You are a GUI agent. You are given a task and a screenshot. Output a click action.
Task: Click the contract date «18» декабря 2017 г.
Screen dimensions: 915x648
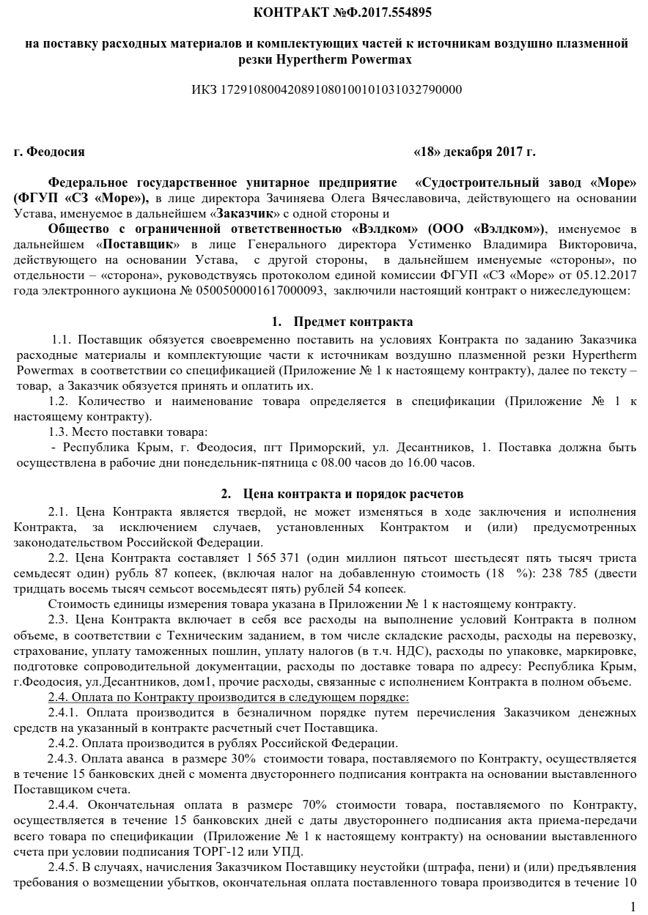point(474,152)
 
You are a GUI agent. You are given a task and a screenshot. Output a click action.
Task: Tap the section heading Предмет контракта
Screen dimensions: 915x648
point(353,322)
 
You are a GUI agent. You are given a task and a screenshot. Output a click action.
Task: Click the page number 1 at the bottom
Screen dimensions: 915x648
point(633,906)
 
